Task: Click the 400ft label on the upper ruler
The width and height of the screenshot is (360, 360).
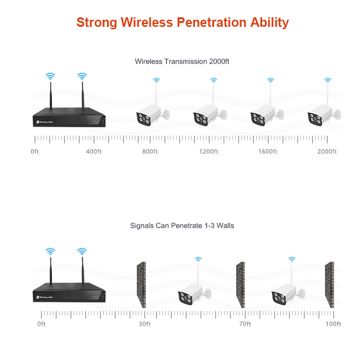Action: click(94, 152)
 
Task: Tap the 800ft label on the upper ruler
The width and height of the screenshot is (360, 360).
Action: click(150, 152)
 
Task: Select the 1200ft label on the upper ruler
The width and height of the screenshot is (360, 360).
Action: click(208, 152)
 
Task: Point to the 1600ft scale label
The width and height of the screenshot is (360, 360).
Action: click(267, 152)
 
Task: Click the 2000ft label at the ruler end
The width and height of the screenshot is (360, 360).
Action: click(327, 152)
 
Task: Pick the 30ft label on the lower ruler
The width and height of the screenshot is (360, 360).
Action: click(144, 324)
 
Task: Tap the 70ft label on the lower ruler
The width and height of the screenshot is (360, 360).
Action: click(245, 324)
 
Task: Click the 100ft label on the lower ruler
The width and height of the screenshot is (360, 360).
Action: click(333, 324)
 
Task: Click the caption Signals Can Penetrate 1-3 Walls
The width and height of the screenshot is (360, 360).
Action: click(182, 225)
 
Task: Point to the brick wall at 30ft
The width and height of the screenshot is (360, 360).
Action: click(141, 285)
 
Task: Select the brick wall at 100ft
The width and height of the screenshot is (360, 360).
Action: click(329, 285)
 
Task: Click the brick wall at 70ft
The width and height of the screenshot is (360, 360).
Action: click(240, 285)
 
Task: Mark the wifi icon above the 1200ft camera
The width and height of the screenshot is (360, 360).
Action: click(213, 80)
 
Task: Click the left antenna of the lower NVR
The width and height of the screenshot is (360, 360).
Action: click(50, 271)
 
